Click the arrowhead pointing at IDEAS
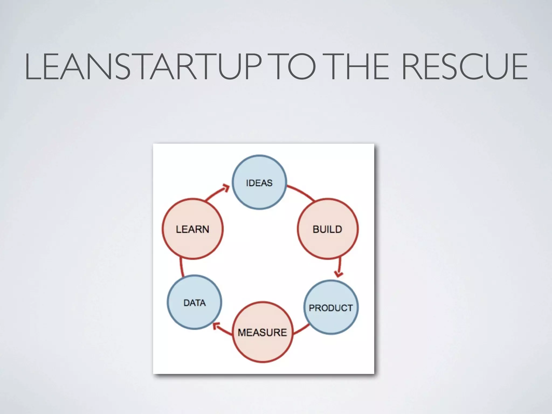[x=226, y=187]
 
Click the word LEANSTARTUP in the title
[x=143, y=67]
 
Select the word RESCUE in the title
[x=464, y=67]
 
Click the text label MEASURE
[x=262, y=332]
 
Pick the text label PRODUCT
[x=331, y=308]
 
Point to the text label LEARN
[x=192, y=229]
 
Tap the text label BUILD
[x=327, y=229]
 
